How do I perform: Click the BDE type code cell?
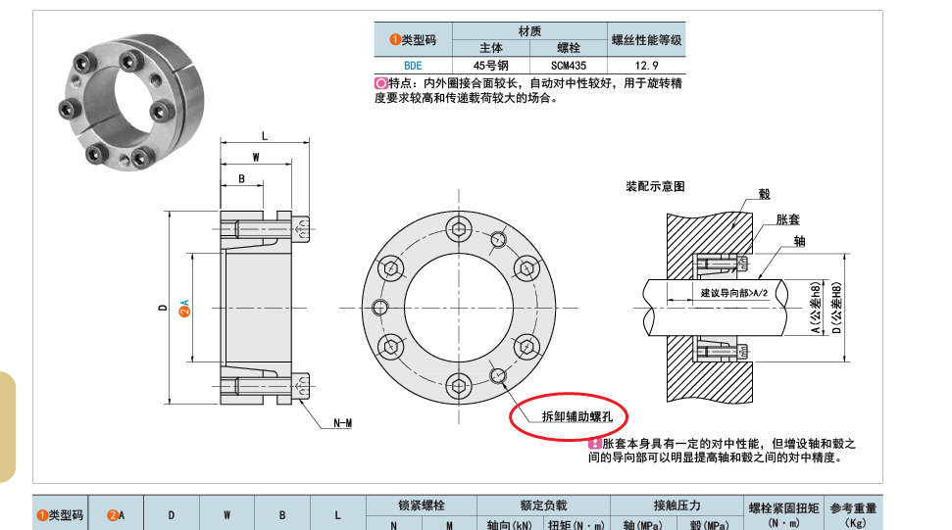(x=413, y=66)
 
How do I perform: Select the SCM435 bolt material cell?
(x=569, y=66)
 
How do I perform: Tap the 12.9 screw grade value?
(x=646, y=66)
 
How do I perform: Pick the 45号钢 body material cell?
(x=490, y=66)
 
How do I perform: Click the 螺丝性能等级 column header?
(x=647, y=40)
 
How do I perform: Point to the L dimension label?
(x=265, y=136)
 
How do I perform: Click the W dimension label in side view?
(x=256, y=157)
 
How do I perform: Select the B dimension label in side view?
(x=241, y=179)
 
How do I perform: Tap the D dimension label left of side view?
(x=162, y=308)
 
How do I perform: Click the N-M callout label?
(x=342, y=423)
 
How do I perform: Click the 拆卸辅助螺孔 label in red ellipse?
(x=576, y=416)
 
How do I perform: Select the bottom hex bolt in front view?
(x=459, y=386)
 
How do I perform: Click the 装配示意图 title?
(x=655, y=186)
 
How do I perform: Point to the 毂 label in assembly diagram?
(x=765, y=194)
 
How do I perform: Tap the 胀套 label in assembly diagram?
(x=787, y=219)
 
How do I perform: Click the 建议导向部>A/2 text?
(x=734, y=293)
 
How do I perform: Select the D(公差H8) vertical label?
(x=836, y=308)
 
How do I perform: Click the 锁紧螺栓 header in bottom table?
(x=422, y=506)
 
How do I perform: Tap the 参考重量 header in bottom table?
(x=853, y=508)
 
